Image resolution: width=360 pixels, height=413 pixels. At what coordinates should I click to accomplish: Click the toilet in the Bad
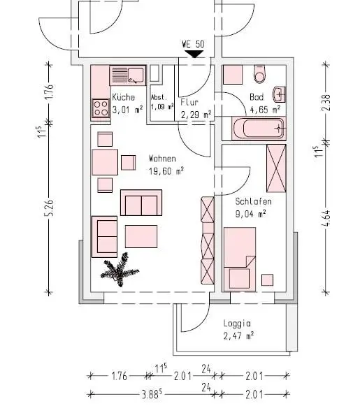[x=259, y=74]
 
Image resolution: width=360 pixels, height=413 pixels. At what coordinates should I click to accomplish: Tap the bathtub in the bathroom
[x=259, y=129]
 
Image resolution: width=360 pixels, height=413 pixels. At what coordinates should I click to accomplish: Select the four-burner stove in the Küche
[x=101, y=108]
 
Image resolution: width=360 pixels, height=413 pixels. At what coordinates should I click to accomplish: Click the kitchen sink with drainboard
[x=127, y=75]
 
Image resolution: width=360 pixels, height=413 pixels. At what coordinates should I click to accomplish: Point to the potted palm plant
[x=120, y=270]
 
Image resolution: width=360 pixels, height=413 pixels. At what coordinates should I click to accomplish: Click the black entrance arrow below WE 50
[x=194, y=55]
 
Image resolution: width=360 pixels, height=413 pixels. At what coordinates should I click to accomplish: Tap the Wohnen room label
[x=162, y=159]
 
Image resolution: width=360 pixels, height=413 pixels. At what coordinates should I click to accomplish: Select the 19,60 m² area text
[x=166, y=171]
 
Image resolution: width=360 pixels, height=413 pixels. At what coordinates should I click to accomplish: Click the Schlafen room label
[x=253, y=201]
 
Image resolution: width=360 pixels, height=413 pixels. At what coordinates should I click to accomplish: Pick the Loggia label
[x=237, y=324]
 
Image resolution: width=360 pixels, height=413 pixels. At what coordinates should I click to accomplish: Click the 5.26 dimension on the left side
[x=49, y=208]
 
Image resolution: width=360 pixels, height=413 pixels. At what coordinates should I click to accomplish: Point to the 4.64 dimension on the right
[x=326, y=218]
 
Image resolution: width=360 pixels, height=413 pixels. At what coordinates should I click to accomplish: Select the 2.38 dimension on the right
[x=326, y=102]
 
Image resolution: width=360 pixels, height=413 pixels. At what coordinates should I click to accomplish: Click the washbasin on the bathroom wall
[x=280, y=94]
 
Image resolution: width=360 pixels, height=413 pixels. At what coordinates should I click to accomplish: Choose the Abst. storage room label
[x=159, y=97]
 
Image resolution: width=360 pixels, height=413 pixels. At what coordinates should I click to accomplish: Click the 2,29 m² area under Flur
[x=196, y=115]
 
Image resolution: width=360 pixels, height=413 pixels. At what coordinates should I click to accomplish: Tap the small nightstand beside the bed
[x=267, y=280]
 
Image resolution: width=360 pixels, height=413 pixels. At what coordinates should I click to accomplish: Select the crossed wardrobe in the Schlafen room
[x=276, y=168]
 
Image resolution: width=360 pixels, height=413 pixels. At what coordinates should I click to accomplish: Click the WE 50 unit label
[x=193, y=44]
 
